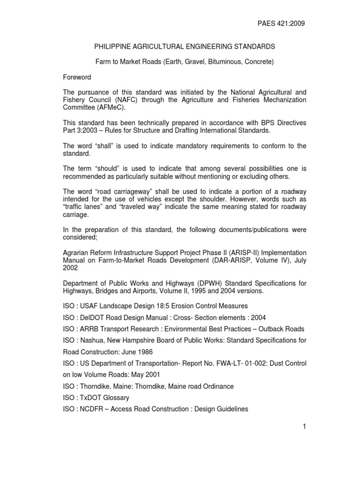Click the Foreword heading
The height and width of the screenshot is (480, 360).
[77, 77]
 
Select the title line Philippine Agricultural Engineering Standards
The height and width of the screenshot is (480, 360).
[185, 47]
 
